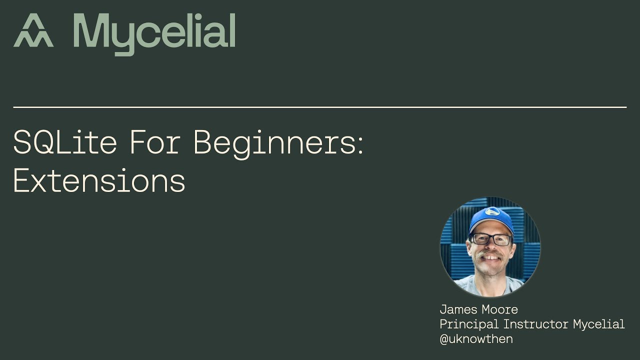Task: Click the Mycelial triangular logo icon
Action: [x=33, y=30]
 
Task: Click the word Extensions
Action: [x=99, y=180]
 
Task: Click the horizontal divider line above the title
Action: [x=320, y=107]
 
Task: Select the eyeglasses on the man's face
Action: [x=490, y=239]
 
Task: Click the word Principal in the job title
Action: [x=469, y=324]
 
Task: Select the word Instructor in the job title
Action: [x=536, y=324]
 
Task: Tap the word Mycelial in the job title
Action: [x=598, y=324]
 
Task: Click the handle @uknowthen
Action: [x=476, y=338]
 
